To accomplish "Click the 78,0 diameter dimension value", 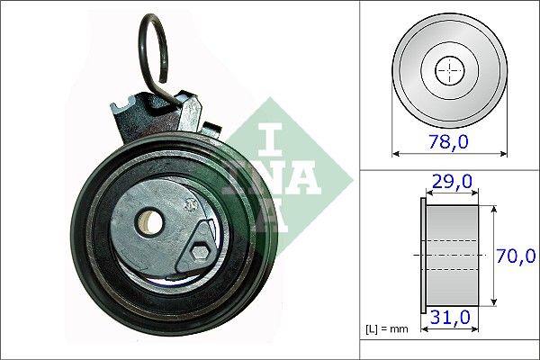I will click(449, 141).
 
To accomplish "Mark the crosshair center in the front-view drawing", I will click(449, 70).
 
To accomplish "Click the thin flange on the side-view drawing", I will click(423, 256).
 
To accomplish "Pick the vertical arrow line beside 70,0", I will click(494, 256).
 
